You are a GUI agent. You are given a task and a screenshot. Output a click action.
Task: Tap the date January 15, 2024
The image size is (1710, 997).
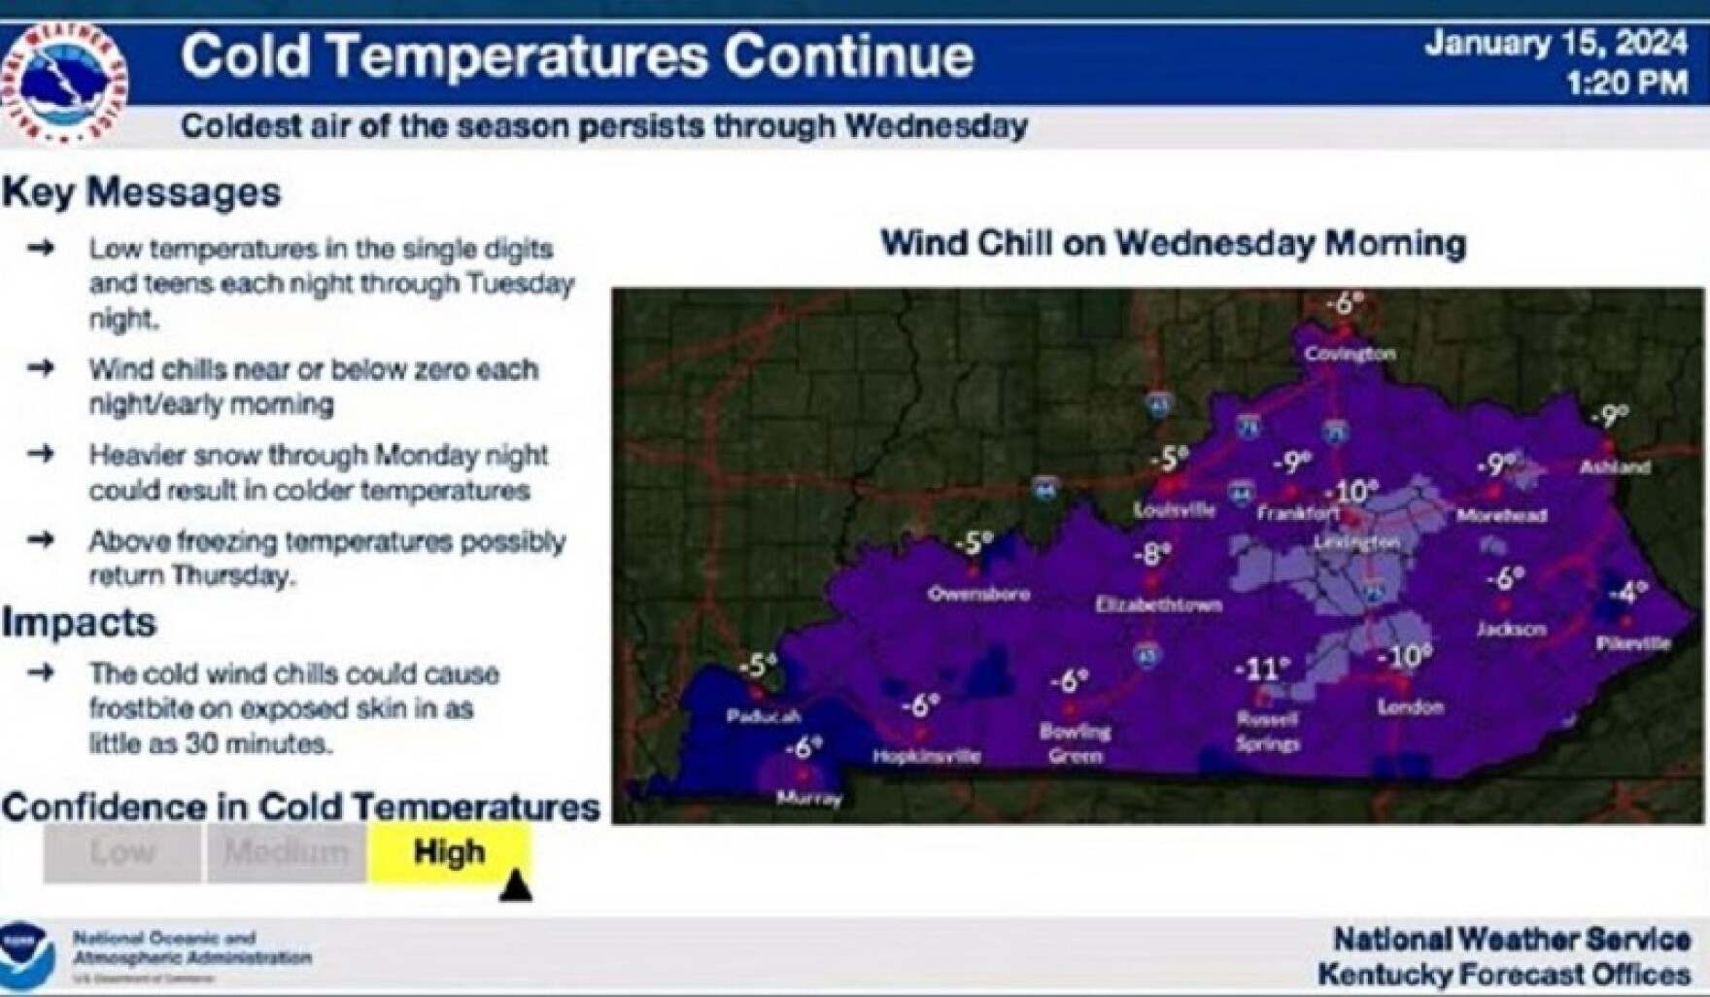point(1556,44)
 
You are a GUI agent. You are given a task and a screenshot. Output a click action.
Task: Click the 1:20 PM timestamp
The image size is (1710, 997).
point(1626,84)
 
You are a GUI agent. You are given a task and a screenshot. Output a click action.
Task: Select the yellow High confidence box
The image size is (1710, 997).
point(449,852)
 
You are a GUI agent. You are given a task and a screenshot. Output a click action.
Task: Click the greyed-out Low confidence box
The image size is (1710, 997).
point(122,853)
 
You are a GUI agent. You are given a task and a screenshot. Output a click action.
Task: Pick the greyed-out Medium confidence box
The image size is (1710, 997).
point(286,853)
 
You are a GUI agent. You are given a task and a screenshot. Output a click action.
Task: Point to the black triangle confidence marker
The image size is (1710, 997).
point(516,886)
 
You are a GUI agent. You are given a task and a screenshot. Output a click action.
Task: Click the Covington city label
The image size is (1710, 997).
point(1350,354)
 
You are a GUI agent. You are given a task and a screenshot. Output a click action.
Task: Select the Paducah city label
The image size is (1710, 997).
point(764,716)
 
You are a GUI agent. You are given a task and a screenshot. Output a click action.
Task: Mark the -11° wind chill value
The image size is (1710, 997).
point(1261,670)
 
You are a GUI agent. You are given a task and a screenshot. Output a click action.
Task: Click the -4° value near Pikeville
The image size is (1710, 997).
point(1628,591)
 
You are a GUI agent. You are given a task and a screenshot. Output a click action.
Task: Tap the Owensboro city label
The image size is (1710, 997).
point(978,593)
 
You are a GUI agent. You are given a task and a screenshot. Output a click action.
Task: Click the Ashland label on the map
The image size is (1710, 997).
point(1615,466)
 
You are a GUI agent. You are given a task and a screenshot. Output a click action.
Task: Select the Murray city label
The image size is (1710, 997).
point(809,799)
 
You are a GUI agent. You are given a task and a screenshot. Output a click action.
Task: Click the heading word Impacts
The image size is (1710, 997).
point(79,622)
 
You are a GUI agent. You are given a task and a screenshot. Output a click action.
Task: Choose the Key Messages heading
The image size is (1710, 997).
point(142,192)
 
